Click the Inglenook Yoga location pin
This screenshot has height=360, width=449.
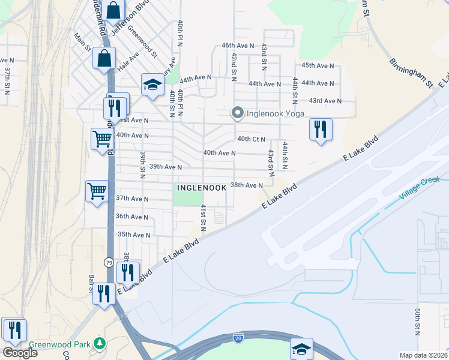point(237,113)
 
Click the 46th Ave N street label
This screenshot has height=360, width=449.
point(237,45)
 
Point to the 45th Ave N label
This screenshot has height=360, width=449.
point(317,65)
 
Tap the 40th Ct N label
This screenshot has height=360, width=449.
point(251,139)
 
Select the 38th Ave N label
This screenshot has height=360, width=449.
point(247,185)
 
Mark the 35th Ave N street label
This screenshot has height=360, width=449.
point(133,235)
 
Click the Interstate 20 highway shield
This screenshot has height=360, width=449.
point(238,339)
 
